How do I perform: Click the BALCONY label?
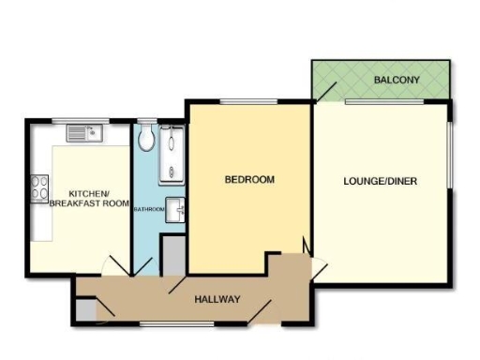point(390,81)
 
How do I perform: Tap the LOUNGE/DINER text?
point(380,181)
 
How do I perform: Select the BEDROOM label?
point(249,179)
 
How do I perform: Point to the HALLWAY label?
point(217,299)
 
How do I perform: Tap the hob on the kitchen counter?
point(40,189)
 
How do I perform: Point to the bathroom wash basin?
point(175,212)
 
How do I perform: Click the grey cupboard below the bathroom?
point(173,255)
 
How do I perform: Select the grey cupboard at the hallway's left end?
point(84,309)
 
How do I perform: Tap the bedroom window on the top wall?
point(248,100)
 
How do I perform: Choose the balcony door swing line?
point(327,89)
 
